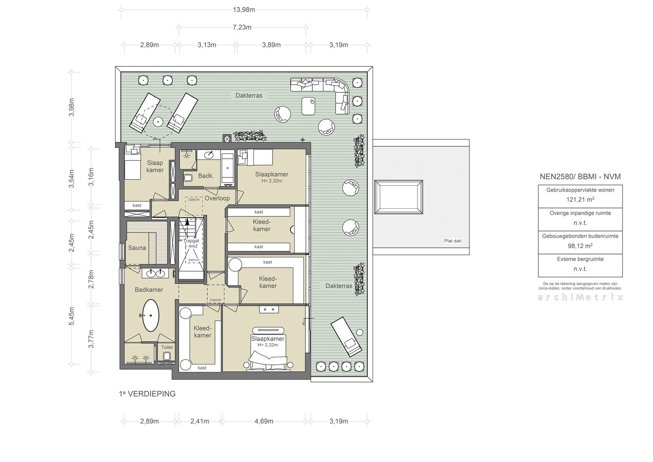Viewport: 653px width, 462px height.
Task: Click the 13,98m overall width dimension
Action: coord(244,10)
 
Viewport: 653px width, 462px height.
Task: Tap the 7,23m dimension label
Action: coord(242,27)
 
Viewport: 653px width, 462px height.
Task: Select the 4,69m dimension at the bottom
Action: coord(264,421)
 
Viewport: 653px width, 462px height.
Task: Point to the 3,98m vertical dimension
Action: coord(71,107)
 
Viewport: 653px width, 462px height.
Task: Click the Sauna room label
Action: coord(137,248)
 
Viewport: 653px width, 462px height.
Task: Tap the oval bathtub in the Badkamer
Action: coord(151,315)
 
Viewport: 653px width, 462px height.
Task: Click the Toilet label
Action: coord(167,347)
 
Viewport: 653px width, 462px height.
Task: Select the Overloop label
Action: coord(217,198)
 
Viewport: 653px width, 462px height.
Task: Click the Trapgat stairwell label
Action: coord(191,241)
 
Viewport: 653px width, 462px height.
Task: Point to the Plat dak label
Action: coord(453,241)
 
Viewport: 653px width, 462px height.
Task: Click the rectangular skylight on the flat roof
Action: coord(398,197)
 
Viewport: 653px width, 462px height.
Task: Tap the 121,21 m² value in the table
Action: coord(580,199)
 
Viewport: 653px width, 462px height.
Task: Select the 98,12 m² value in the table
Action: coord(580,246)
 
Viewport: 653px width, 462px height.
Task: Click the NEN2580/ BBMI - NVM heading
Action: coord(580,177)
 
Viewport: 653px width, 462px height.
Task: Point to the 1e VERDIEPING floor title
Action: coord(147,394)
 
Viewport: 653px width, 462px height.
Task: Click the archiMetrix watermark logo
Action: coord(580,297)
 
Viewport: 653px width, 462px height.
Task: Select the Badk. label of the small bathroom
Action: coord(206,176)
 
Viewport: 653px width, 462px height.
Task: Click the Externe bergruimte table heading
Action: coord(580,259)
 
